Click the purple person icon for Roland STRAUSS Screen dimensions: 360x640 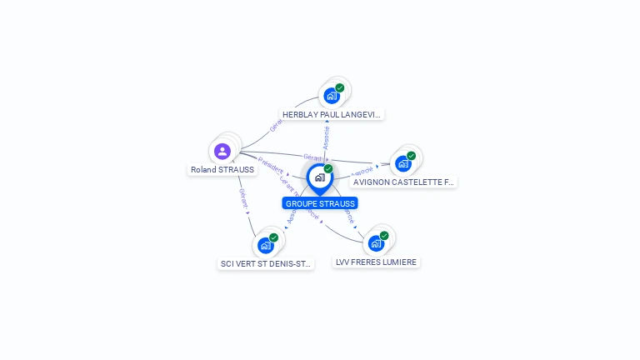222,152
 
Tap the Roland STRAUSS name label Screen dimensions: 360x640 222,170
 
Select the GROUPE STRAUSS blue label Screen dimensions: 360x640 320,203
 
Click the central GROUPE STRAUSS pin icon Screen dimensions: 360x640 319,177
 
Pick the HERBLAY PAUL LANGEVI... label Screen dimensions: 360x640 332,114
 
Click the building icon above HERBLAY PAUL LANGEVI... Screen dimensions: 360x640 332,96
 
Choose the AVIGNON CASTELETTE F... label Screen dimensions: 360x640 404,182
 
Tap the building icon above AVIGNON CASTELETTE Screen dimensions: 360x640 403,163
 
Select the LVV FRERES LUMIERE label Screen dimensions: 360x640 376,262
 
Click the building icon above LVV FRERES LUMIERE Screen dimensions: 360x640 376,243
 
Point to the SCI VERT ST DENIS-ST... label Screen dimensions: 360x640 266,263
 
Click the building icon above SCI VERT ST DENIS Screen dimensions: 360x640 265,245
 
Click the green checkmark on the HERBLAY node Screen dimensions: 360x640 340,87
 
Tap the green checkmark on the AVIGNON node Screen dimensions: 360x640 412,156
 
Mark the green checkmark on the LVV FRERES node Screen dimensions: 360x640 384,236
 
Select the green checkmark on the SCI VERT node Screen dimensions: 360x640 273,237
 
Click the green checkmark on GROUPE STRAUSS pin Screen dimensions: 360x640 328,169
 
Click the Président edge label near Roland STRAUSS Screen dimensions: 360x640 270,165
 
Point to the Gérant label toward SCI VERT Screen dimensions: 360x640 243,198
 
